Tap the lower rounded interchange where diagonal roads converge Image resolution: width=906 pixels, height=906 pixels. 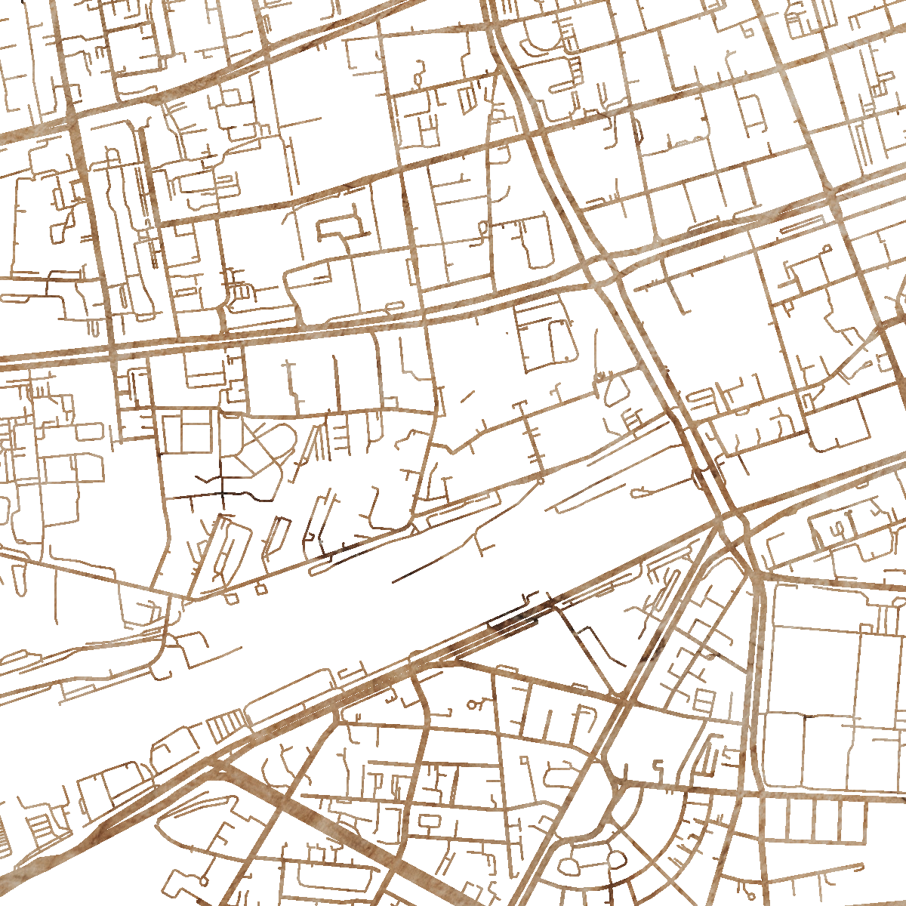click(731, 525)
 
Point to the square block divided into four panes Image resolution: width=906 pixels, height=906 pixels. click(185, 432)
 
